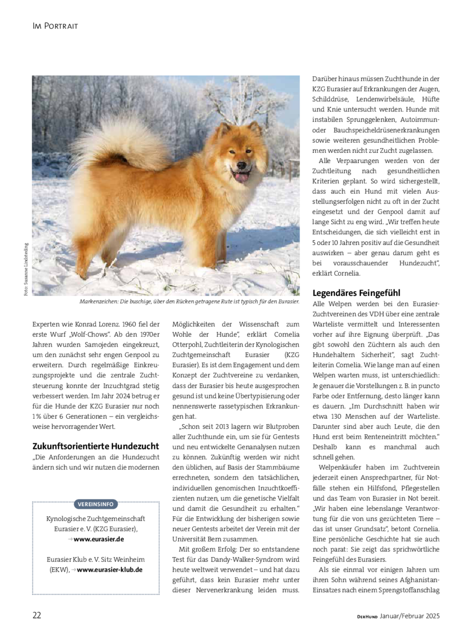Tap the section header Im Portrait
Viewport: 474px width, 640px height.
coord(55,26)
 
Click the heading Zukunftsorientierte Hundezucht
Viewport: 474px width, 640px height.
coord(96,446)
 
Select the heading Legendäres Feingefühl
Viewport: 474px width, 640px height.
coord(356,293)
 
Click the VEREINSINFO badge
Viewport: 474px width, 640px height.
coord(95,504)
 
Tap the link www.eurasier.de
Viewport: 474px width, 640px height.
coord(99,539)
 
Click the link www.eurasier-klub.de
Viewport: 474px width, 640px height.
coord(109,569)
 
